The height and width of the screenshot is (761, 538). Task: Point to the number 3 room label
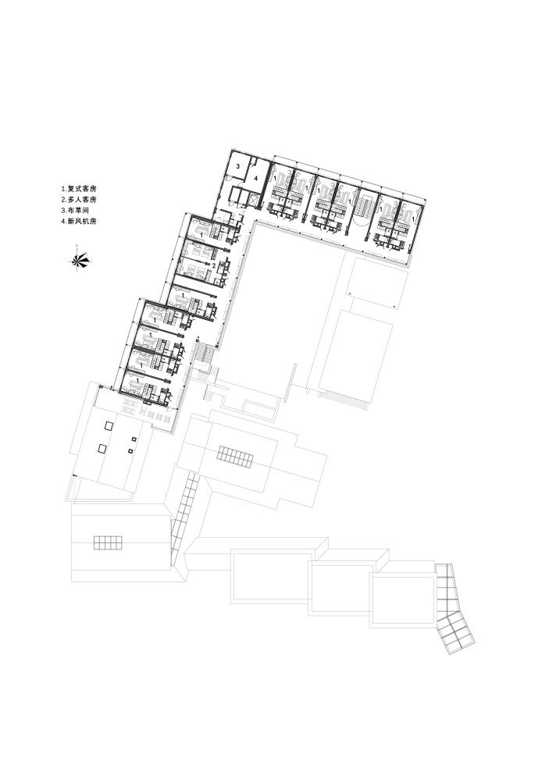[x=238, y=166]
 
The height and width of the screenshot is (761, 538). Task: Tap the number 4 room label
[x=256, y=178]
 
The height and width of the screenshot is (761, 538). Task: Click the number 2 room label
[x=214, y=265]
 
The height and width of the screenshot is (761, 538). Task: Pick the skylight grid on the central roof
[x=236, y=457]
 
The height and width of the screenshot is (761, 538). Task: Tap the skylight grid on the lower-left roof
[x=108, y=542]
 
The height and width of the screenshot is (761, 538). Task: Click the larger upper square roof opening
[x=109, y=426]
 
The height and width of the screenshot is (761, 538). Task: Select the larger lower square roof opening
[x=102, y=448]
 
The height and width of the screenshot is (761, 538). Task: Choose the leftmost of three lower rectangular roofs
[x=272, y=576]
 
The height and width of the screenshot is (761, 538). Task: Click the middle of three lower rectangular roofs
[x=344, y=589]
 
